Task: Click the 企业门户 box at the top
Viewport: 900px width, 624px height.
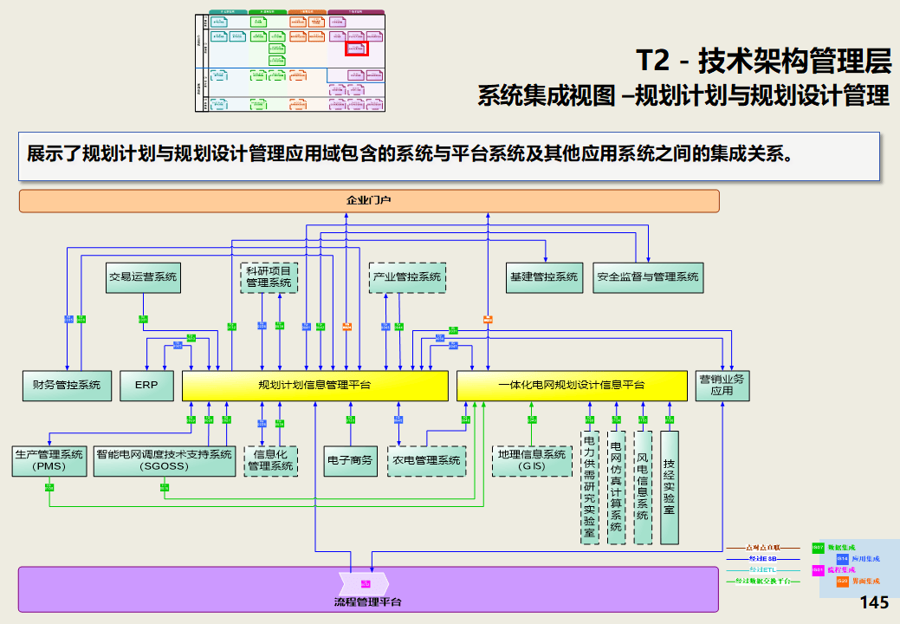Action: point(369,201)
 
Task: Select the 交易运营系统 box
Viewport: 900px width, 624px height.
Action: point(142,277)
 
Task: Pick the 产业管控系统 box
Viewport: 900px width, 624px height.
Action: point(407,277)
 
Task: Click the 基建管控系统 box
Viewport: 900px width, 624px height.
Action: point(544,277)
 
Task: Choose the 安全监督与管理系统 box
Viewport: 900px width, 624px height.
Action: point(647,277)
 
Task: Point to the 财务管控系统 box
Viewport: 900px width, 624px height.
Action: point(67,385)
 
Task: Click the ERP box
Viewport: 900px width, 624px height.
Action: point(146,385)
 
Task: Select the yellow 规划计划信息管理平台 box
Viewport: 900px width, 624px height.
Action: point(314,385)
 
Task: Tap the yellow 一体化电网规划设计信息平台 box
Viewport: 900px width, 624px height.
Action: point(572,385)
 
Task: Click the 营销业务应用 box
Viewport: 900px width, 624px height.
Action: point(722,385)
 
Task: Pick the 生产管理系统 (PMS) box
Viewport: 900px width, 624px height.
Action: point(49,460)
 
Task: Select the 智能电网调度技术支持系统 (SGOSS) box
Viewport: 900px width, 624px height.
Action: point(165,460)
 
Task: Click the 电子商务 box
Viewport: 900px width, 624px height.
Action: point(350,460)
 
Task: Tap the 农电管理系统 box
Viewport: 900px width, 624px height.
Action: point(426,460)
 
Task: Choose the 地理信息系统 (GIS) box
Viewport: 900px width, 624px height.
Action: point(532,460)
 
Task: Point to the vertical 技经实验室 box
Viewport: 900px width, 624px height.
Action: point(669,486)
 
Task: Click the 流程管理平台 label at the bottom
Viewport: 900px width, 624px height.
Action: point(367,601)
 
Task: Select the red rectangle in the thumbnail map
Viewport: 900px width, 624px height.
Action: point(358,49)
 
